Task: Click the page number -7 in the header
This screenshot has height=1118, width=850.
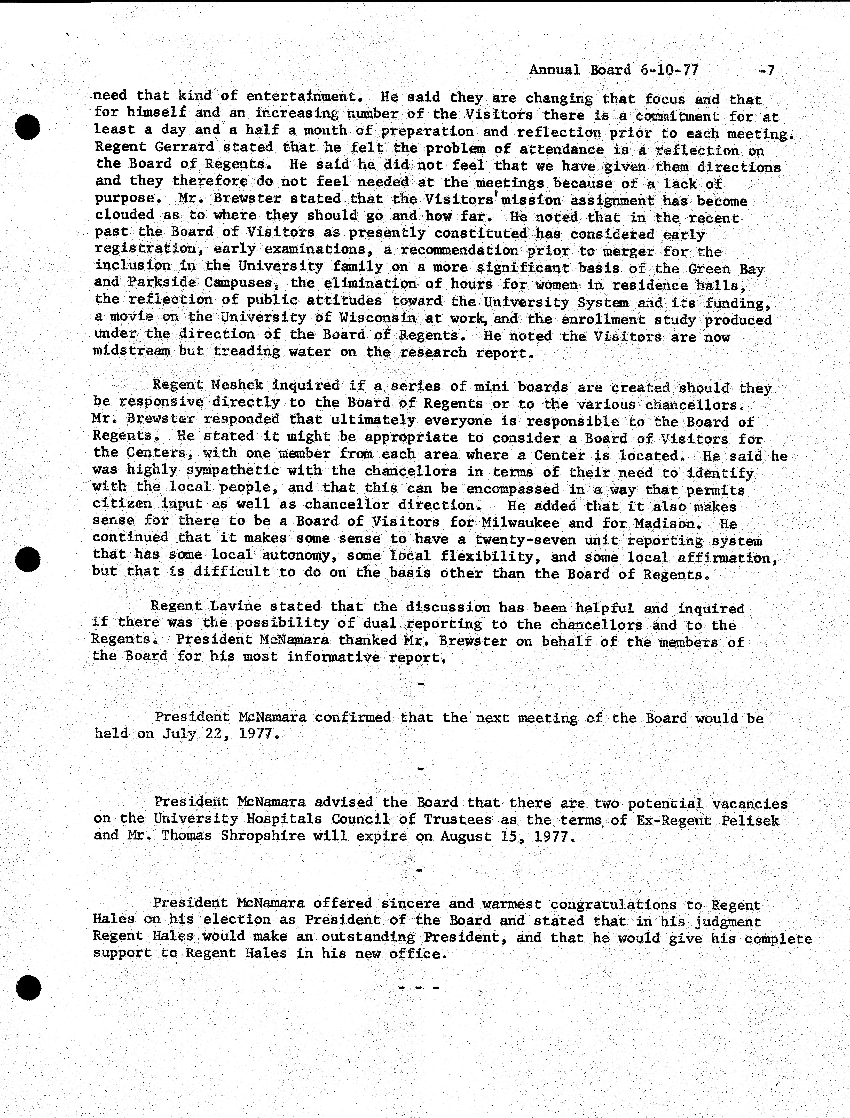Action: tap(767, 70)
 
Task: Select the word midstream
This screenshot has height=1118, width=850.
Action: tap(132, 351)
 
